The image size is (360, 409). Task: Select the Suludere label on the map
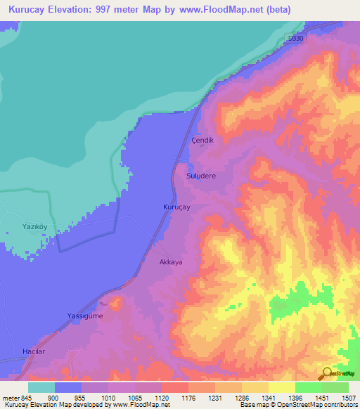[200, 176]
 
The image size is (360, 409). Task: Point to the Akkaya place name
[171, 261]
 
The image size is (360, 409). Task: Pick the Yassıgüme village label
[84, 316]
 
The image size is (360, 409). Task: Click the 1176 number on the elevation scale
[188, 397]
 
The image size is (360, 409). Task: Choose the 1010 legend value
[108, 397]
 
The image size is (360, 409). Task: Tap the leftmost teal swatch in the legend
[41, 387]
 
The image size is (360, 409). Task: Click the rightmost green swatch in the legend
[335, 387]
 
